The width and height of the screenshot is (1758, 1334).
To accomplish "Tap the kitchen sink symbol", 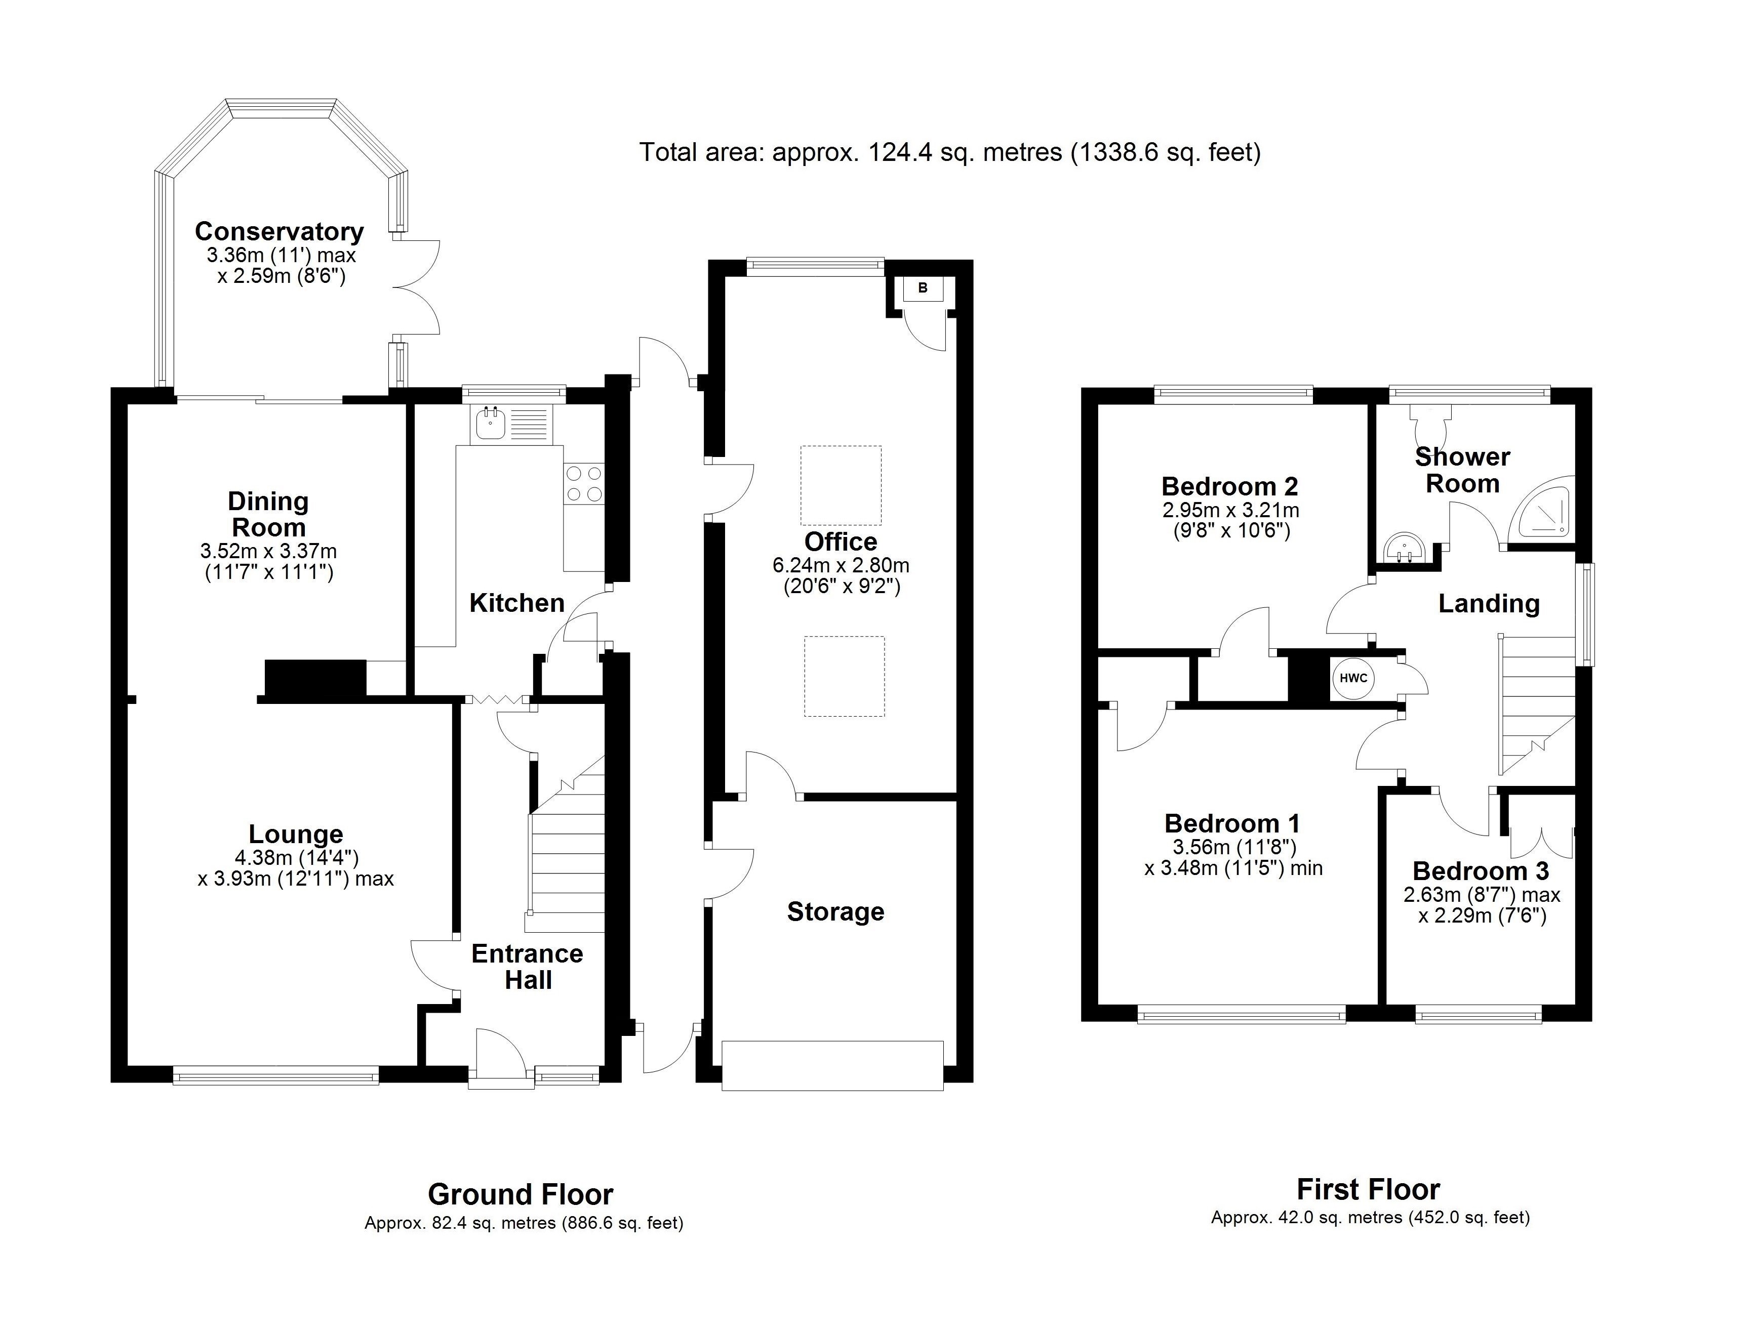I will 489,424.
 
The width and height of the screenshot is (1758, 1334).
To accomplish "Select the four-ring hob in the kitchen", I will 583,484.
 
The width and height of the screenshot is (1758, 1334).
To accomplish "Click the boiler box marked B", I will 923,288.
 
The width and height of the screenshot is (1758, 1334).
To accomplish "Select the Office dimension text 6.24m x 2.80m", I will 841,566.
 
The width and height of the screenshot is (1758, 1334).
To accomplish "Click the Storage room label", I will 835,911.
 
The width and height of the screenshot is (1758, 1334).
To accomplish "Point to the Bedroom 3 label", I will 1481,871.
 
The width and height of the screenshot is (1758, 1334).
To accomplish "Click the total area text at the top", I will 950,152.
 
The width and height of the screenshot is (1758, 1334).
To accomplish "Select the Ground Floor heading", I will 521,1194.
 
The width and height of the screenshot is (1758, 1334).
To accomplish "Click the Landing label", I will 1489,604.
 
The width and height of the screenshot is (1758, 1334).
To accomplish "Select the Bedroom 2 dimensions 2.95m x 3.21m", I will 1230,510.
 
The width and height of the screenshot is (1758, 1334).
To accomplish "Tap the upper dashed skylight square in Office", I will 841,485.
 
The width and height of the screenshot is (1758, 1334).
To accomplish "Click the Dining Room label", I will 268,514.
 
